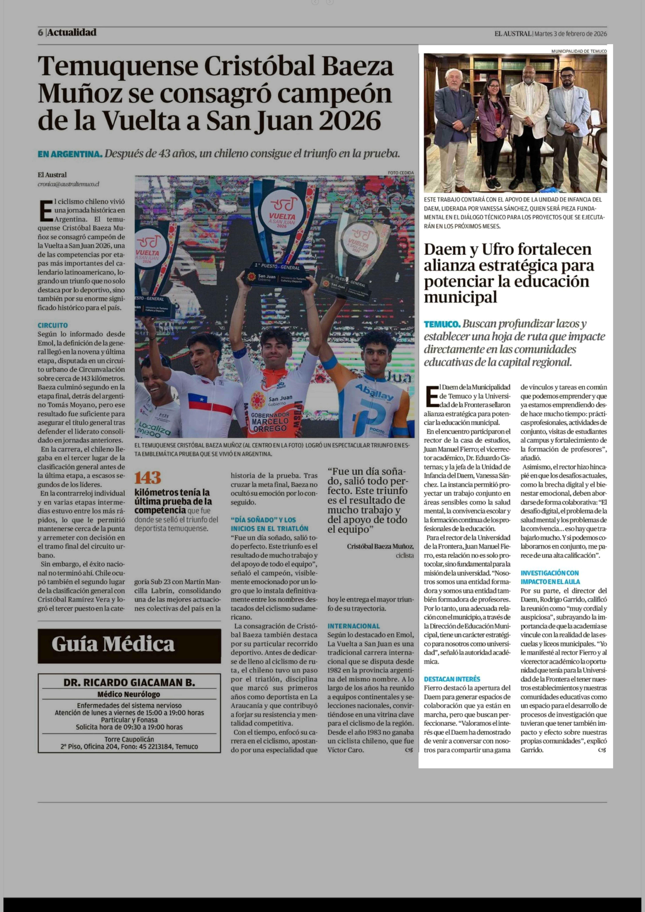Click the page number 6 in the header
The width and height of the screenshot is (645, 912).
[x=40, y=33]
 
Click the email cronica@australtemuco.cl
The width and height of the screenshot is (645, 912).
[x=68, y=184]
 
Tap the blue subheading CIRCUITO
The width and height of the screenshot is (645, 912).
[x=53, y=325]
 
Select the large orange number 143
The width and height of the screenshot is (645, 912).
[x=148, y=477]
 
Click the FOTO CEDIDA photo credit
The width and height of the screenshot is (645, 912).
[x=401, y=173]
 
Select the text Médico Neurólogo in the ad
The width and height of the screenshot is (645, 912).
[x=129, y=694]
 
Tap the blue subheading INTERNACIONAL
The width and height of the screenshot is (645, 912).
[x=353, y=626]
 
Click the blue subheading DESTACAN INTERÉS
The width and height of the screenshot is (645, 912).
[x=452, y=679]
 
